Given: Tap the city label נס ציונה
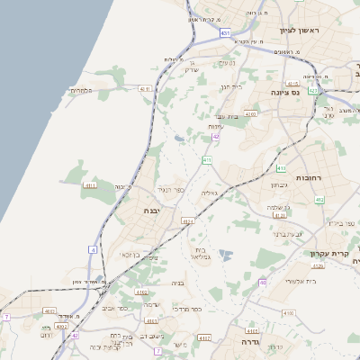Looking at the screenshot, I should point(289,92).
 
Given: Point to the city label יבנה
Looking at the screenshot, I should point(152,211).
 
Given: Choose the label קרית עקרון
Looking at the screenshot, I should point(328,253).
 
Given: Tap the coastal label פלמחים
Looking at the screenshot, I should point(82,91).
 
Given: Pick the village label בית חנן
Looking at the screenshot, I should point(232,87).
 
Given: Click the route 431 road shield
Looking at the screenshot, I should point(224,32).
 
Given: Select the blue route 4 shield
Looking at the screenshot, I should point(94,248).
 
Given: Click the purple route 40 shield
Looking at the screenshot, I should point(263,282).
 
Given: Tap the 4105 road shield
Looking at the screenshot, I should point(290,311).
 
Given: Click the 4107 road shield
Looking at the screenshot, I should point(204,337).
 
